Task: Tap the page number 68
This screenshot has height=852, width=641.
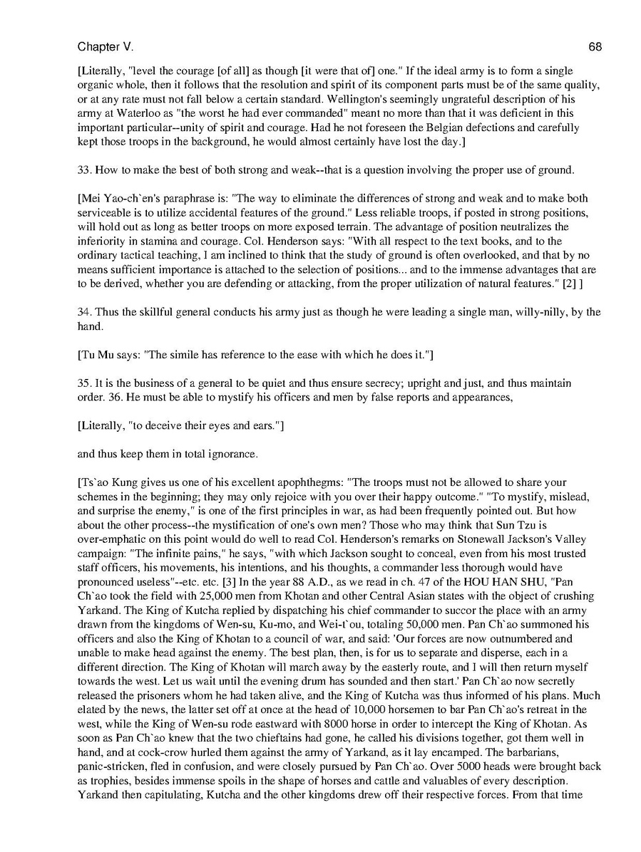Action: (x=595, y=47)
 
